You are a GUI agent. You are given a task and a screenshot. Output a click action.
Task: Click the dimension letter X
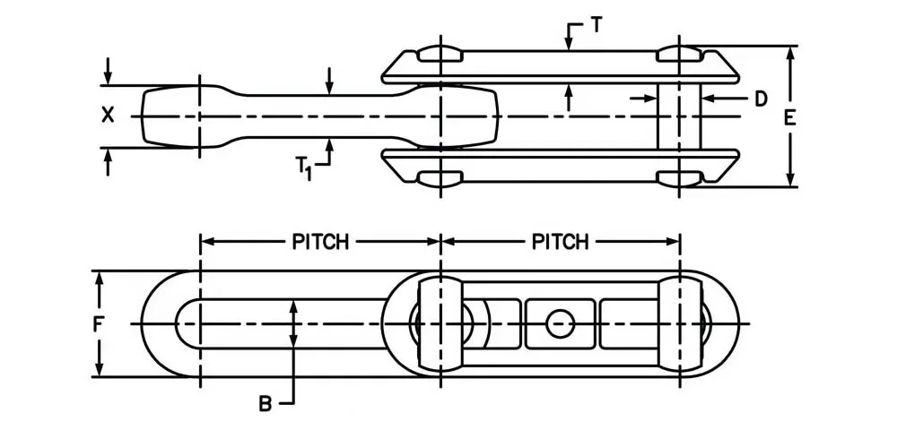[x=109, y=115]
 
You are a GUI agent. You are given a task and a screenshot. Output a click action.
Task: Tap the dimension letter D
[x=760, y=99]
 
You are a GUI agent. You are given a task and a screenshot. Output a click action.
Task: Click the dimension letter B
[x=266, y=404]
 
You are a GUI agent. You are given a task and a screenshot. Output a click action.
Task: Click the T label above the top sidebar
[x=596, y=26]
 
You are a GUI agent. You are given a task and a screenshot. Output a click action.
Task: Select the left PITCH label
[x=320, y=242]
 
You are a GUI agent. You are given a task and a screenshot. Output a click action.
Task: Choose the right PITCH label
[x=561, y=242]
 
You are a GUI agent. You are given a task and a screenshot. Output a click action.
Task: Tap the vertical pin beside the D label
[x=679, y=116]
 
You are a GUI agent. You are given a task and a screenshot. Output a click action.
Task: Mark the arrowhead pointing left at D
[x=707, y=99]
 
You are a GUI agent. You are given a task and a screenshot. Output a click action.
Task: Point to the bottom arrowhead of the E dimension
[x=789, y=180]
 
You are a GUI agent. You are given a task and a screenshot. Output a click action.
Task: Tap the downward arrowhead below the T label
[x=568, y=41]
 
